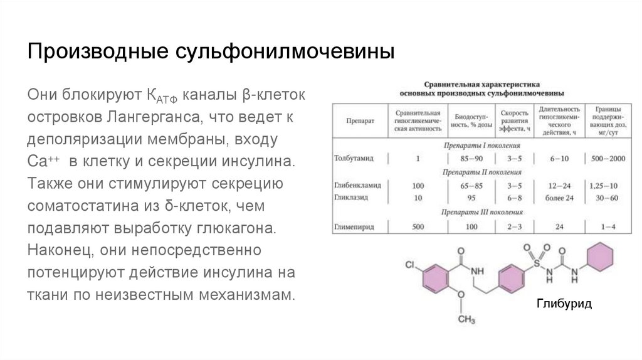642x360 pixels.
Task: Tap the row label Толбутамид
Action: coord(355,159)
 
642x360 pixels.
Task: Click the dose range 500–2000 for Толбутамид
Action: coord(608,159)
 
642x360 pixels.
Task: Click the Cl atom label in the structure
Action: coord(409,265)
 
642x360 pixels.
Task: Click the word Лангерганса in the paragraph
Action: coord(152,117)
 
